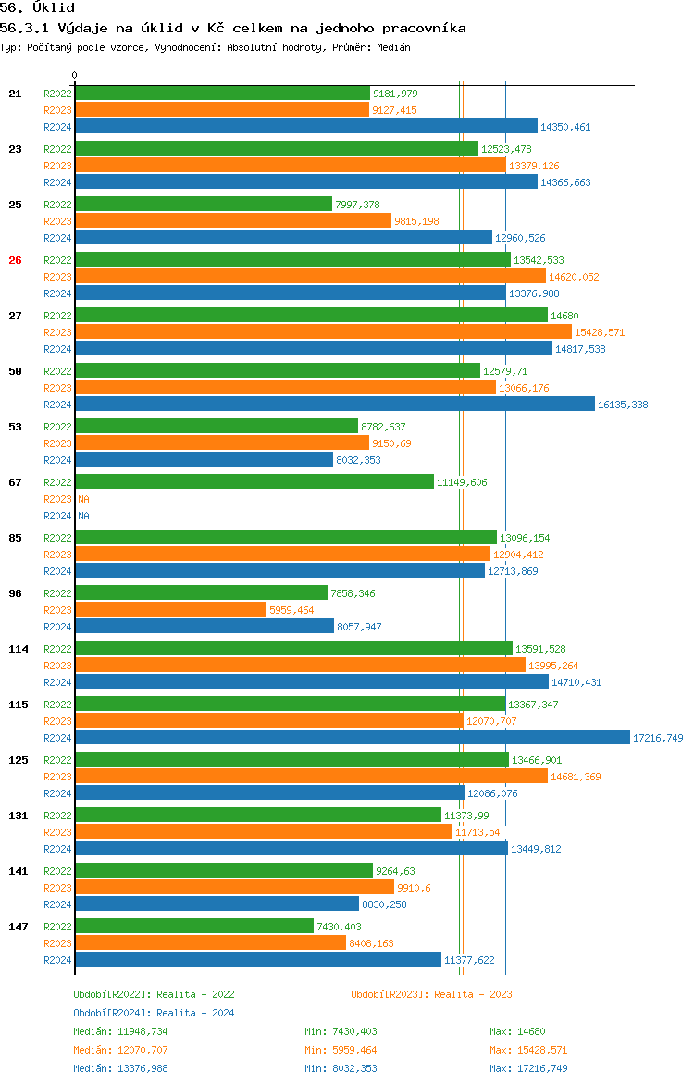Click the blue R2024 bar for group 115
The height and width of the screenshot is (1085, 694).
(352, 738)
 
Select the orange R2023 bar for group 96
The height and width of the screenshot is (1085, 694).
(170, 610)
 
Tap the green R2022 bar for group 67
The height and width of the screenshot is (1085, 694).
(254, 482)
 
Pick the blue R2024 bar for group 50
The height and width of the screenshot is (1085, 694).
(334, 405)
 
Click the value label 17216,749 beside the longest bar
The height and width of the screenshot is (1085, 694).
(658, 738)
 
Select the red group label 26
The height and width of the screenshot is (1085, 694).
(15, 260)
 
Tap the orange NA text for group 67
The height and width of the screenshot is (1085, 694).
(83, 499)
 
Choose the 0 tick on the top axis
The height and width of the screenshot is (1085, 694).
(75, 75)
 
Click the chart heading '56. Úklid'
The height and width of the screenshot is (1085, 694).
(37, 8)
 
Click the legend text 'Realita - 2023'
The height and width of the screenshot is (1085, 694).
(473, 994)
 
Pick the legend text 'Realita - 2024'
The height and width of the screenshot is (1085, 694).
(195, 1013)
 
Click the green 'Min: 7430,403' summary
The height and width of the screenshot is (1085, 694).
(341, 1031)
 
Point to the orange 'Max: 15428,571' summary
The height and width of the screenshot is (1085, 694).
(528, 1050)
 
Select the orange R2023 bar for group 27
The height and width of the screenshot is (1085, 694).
(323, 332)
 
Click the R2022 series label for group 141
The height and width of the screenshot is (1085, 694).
(57, 871)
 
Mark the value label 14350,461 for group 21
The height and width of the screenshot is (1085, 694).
(565, 127)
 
